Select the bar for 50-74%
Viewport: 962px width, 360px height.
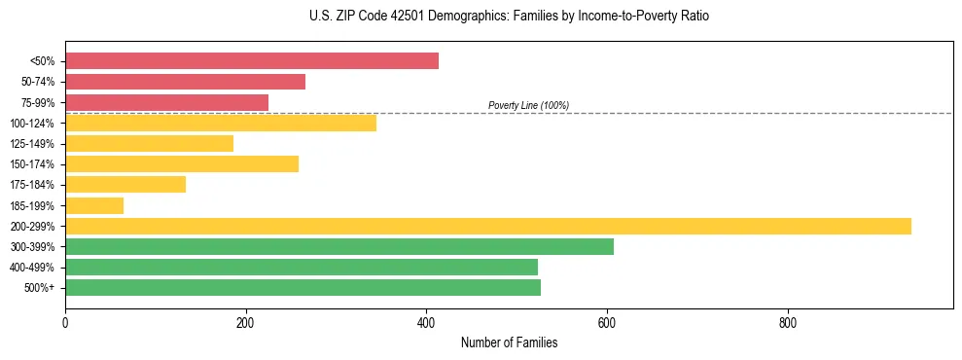point(185,82)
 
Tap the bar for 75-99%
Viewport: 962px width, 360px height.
point(166,102)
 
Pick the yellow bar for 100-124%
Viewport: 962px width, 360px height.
point(220,123)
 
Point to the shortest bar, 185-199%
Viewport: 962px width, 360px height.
point(93,205)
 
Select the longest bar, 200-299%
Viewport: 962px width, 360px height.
point(487,226)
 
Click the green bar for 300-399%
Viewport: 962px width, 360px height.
point(338,246)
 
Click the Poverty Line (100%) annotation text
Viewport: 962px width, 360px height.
point(528,105)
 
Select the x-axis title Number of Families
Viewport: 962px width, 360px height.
point(509,343)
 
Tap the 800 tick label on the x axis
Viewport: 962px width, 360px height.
point(788,322)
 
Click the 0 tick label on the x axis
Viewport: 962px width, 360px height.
point(65,322)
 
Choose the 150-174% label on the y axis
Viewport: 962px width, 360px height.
point(32,164)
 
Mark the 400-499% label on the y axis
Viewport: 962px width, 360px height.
point(32,268)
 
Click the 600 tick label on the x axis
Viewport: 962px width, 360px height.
point(607,322)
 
